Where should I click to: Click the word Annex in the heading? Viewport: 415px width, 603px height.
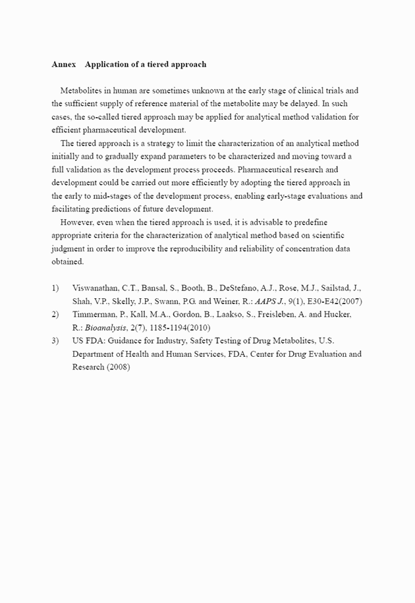point(63,65)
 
